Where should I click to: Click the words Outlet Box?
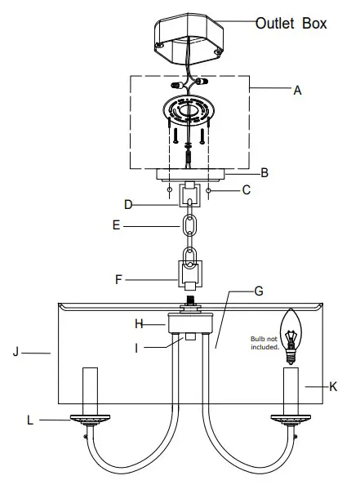tap(291, 24)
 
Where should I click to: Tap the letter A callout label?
tap(297, 91)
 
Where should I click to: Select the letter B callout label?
tap(264, 173)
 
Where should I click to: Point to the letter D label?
tap(128, 205)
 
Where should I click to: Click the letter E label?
tap(116, 225)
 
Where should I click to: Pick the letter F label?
tap(118, 279)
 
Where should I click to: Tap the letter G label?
tap(259, 291)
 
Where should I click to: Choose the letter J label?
tap(16, 352)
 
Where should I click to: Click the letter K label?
tap(333, 387)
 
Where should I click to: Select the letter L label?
tap(30, 420)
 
